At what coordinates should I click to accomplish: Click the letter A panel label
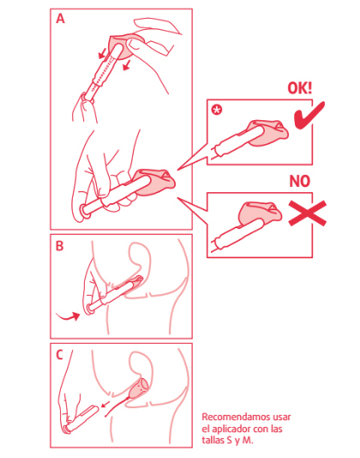click(x=60, y=19)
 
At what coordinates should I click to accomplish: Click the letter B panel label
click(x=59, y=245)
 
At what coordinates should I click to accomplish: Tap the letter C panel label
click(x=59, y=354)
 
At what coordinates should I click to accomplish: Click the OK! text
click(x=300, y=88)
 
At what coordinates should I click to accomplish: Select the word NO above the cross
click(x=299, y=181)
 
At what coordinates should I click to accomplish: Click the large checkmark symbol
click(x=309, y=116)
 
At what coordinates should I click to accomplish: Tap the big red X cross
click(x=308, y=214)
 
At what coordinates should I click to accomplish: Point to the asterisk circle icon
click(x=217, y=110)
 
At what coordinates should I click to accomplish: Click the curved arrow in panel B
click(x=68, y=316)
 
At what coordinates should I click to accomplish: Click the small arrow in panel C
click(x=105, y=404)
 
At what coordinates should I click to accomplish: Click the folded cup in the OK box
click(x=267, y=133)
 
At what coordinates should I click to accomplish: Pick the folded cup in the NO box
click(x=260, y=214)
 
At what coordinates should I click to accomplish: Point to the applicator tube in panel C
click(x=81, y=419)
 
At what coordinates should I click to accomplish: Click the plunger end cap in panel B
click(x=89, y=309)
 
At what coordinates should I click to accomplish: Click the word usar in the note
click(x=281, y=417)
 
